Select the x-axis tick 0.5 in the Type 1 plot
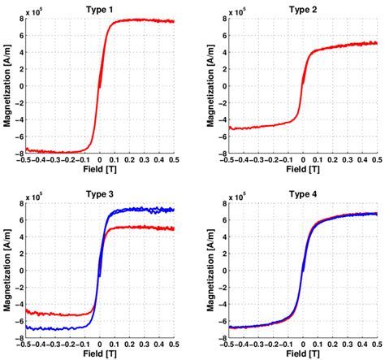tap(174, 161)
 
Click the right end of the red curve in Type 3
tap(174, 228)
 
